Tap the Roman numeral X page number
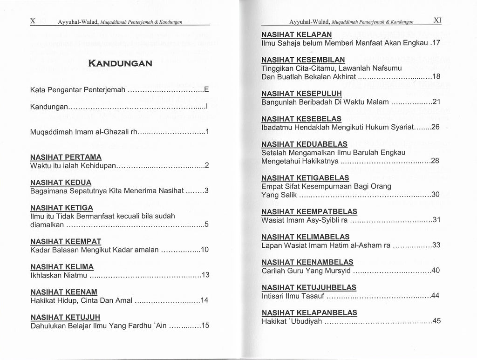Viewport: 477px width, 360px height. (33, 21)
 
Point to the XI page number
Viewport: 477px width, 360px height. (437, 20)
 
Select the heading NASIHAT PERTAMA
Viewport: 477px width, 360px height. (66, 157)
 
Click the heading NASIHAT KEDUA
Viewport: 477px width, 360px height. (61, 183)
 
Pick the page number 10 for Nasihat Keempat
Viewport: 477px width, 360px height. (204, 250)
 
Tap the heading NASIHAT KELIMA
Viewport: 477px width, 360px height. (62, 267)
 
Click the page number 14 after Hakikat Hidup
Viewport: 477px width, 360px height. (204, 300)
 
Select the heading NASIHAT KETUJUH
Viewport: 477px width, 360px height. (65, 318)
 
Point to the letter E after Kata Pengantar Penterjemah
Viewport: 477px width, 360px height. (207, 88)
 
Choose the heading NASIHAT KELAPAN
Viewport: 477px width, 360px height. (296, 34)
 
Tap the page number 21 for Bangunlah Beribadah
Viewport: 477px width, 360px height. (436, 102)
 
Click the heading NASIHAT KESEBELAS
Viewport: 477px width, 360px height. (301, 119)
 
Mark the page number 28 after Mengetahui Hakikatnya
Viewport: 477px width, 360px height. (436, 161)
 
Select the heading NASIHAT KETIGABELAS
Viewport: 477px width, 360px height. (305, 178)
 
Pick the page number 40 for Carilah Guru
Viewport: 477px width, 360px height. (436, 270)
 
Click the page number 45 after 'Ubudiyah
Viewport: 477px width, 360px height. (436, 320)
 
